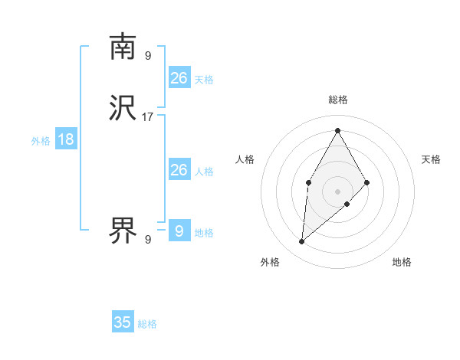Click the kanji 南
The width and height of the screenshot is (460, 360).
[x=123, y=47]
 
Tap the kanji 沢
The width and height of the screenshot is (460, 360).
[x=123, y=109]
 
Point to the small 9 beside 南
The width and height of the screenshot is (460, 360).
[x=148, y=55]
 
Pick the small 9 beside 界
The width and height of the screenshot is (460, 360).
[x=148, y=240]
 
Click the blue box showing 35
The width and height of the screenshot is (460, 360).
[x=123, y=322]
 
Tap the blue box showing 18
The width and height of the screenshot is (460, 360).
[x=66, y=139]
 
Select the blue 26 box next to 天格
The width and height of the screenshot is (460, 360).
[x=179, y=78]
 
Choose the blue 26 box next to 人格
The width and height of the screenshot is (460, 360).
[x=179, y=170]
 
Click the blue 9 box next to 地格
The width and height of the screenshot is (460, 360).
[x=179, y=231]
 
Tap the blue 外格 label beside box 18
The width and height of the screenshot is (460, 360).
[x=41, y=140]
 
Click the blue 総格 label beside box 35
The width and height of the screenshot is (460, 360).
[x=147, y=324]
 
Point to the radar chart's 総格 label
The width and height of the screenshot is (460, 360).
[x=337, y=100]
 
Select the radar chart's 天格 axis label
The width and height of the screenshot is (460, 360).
[x=431, y=159]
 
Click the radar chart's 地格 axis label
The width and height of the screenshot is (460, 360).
[x=402, y=262]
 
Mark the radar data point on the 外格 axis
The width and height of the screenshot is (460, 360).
[x=302, y=242]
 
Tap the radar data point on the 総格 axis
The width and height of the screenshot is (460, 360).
[x=337, y=129]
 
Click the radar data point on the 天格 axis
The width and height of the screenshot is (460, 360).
[x=367, y=182]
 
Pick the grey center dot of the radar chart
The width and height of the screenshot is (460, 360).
[x=337, y=191]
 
